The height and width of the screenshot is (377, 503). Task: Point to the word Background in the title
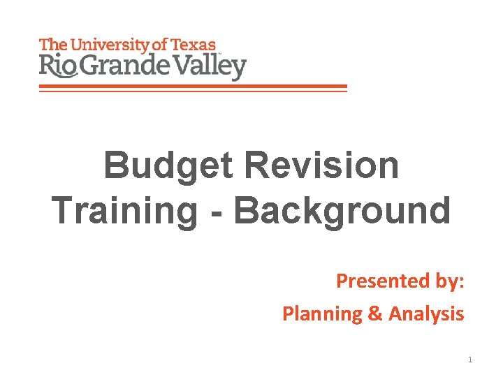[x=342, y=209]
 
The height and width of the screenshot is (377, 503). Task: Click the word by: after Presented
[x=449, y=281]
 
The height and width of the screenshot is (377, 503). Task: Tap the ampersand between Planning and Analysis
[x=374, y=314]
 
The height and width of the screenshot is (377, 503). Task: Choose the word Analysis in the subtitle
[x=426, y=314]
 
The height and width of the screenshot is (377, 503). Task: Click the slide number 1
[x=470, y=360]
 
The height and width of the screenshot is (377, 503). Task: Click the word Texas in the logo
[x=193, y=45]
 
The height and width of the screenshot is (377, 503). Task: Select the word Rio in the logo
[x=54, y=68]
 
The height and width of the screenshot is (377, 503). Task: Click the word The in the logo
[x=52, y=45]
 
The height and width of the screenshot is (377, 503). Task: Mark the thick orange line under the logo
[x=193, y=87]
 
